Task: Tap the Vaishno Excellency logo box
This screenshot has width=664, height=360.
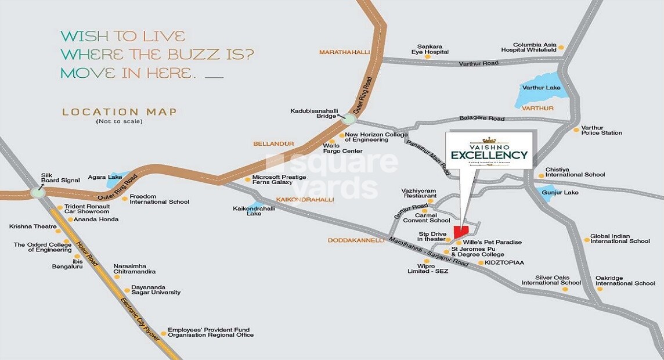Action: click(x=489, y=150)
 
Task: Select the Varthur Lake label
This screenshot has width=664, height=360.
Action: click(x=541, y=88)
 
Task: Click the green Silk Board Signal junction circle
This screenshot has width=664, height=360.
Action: click(x=38, y=193)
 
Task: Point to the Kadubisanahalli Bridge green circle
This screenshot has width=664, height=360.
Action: click(x=349, y=118)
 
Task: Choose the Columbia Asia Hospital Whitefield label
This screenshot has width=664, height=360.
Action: click(x=535, y=48)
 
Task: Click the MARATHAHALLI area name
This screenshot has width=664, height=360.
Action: click(x=344, y=52)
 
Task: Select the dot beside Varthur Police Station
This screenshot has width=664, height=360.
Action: click(x=576, y=129)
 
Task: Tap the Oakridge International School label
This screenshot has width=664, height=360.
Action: click(x=625, y=280)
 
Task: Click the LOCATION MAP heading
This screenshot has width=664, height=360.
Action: click(x=120, y=111)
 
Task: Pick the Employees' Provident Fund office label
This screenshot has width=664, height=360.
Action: click(x=211, y=332)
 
